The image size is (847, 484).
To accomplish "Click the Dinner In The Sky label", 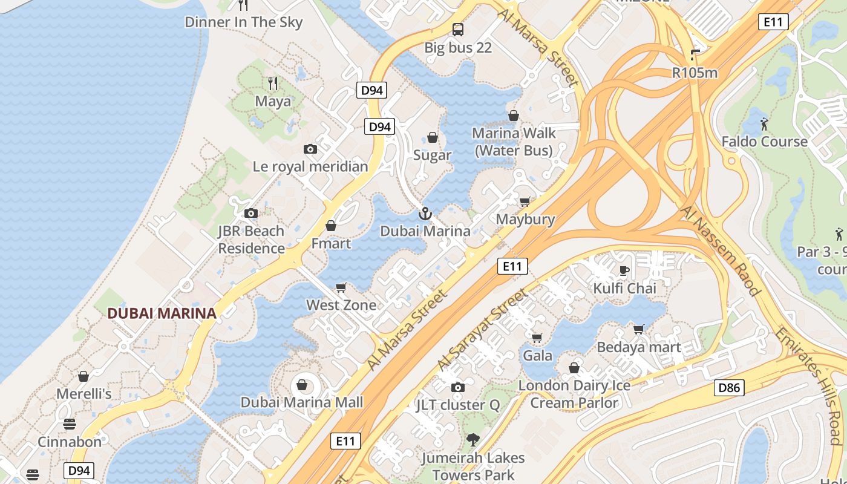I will tap(243, 22).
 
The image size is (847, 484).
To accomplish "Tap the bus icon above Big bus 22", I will tap(458, 29).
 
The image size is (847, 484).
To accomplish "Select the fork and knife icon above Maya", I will tap(273, 83).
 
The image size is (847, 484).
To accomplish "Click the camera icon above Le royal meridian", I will tap(310, 149).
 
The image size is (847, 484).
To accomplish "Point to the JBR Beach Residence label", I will tap(251, 240).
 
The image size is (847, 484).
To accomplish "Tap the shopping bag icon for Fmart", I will tap(331, 226).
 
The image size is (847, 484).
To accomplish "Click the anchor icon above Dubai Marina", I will tap(425, 213).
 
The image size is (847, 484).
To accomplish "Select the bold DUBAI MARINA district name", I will tap(162, 313).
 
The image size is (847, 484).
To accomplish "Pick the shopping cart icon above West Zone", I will tap(341, 287).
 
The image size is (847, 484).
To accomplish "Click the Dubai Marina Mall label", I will tap(302, 402).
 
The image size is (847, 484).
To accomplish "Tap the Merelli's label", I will tap(84, 394).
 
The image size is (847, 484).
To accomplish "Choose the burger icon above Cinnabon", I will tap(70, 423).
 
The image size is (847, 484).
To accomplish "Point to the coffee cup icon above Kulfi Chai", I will tap(624, 270).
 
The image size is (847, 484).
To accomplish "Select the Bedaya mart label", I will tap(639, 347).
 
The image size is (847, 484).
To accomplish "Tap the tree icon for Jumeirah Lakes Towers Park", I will tap(473, 440).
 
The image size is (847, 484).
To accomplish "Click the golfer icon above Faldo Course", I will tap(764, 124).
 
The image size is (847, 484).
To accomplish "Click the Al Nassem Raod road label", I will tap(720, 250).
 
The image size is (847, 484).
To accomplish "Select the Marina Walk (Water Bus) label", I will tap(514, 142).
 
